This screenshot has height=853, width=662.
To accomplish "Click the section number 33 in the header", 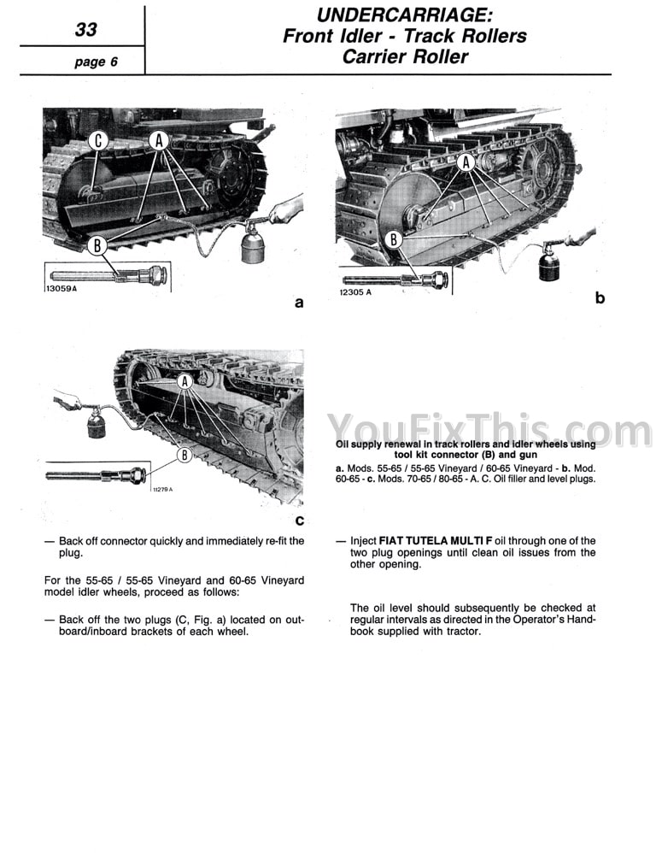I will (85, 30).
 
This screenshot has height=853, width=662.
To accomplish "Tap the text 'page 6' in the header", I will (95, 62).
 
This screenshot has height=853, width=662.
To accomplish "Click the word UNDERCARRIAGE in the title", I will (403, 15).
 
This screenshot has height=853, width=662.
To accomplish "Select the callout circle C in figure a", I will (99, 141).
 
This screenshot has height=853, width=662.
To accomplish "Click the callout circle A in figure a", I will (160, 141).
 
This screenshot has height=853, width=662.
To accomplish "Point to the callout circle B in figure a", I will (99, 246).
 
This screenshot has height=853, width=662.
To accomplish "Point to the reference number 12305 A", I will (355, 291).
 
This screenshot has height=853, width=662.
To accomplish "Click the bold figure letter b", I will (600, 297).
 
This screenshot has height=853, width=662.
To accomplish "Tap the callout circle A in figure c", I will (184, 385).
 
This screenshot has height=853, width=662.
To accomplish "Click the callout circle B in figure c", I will (184, 456).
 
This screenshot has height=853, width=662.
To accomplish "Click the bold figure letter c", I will (299, 521).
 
